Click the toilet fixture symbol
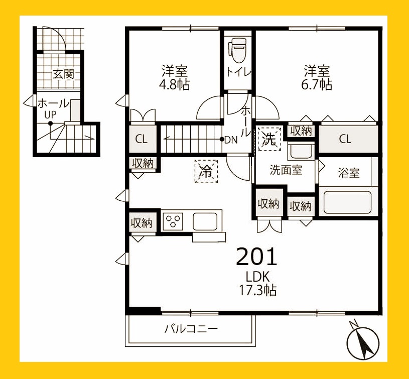click(236, 50)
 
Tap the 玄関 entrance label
click(63, 74)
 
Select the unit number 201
click(256, 257)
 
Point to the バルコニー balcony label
click(191, 329)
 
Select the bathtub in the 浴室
click(347, 202)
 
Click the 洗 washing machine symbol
click(269, 139)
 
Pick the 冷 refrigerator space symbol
click(206, 171)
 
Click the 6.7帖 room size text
click(317, 84)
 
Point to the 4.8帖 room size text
click(175, 84)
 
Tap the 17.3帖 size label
click(258, 290)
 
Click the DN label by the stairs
click(231, 140)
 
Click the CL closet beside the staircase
click(143, 139)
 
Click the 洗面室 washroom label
click(286, 170)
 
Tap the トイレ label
click(239, 72)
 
